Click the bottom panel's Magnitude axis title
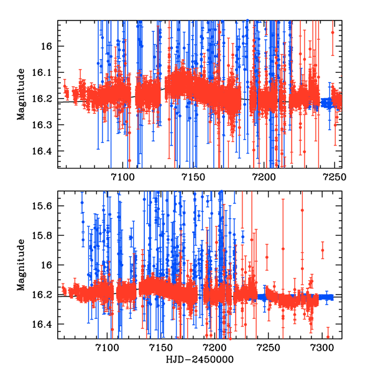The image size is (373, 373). coord(21,264)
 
